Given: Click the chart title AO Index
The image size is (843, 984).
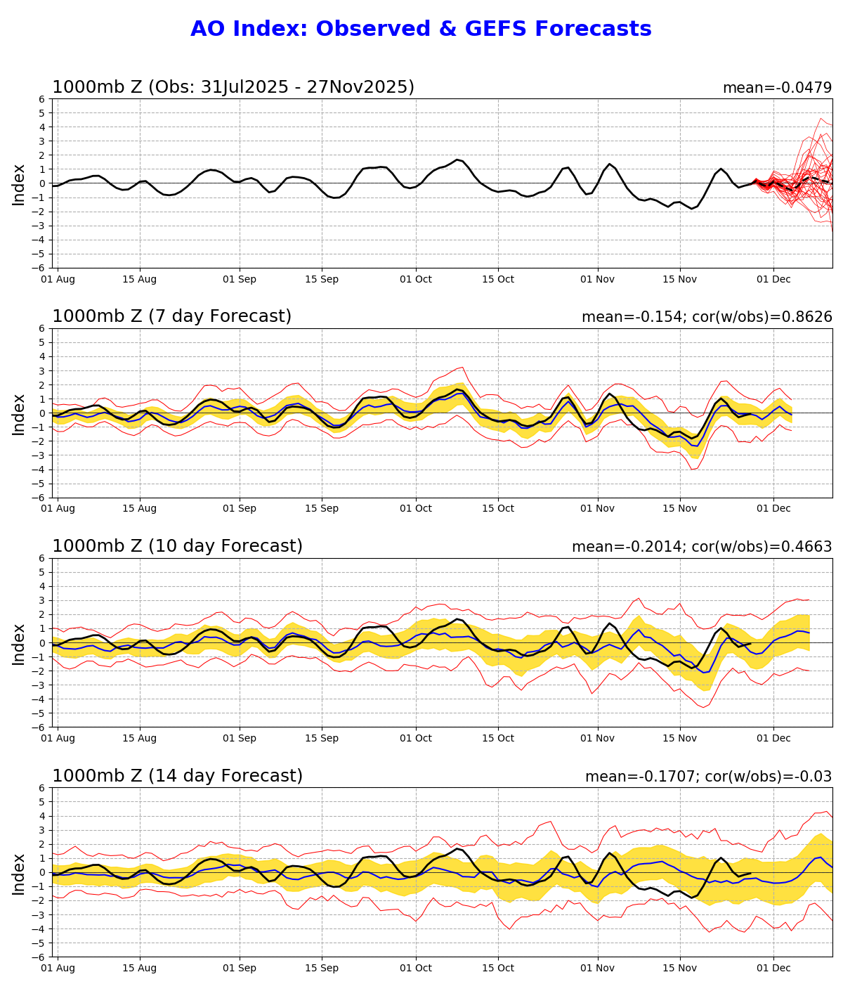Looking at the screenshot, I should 421,30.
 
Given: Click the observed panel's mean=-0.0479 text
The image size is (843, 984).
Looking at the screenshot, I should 777,88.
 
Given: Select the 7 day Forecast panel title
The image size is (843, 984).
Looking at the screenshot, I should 171,317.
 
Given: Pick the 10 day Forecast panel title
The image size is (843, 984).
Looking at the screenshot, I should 177,547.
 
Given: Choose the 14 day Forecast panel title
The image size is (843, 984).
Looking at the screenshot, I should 177,776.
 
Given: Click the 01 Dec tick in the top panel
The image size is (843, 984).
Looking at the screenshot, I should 773,280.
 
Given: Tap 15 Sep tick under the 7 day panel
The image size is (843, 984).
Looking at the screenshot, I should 322,509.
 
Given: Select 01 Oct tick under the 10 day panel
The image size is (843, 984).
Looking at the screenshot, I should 415,739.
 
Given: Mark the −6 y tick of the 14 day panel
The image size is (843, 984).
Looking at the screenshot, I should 41,957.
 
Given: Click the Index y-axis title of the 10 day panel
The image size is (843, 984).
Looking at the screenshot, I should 19,644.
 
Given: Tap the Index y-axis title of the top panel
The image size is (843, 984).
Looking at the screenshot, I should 19,184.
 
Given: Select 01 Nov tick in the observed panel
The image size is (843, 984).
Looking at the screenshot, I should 598,280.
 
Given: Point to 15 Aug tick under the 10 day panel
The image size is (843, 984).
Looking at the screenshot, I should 139,739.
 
